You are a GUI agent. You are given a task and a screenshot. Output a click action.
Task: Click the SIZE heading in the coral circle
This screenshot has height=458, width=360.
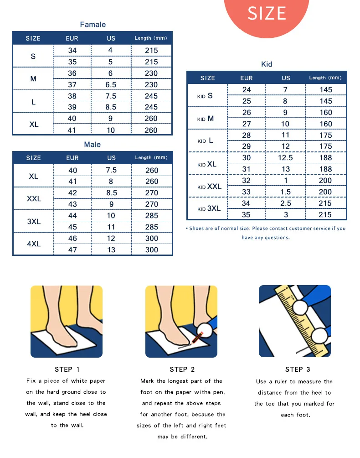[x=267, y=13]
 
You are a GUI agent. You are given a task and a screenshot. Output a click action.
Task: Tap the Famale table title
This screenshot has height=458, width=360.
[x=93, y=25]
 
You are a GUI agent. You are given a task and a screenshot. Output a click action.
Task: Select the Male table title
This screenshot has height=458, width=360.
[x=92, y=145]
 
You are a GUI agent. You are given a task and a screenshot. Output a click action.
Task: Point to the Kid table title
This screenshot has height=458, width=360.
[x=267, y=64]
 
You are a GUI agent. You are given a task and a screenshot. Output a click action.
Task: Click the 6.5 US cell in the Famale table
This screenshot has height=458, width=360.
[x=111, y=84]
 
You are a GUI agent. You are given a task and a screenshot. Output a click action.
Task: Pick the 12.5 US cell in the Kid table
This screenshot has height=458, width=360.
[x=286, y=158]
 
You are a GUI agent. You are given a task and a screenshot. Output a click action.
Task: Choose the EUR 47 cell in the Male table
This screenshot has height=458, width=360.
[x=72, y=250]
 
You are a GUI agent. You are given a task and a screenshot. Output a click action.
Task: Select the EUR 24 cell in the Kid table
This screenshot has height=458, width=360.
[x=247, y=90]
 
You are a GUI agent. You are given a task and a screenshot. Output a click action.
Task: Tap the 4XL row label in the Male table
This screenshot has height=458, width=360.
[x=34, y=244]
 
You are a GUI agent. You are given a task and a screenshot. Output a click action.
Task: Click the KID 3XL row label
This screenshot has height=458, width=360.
[x=209, y=208]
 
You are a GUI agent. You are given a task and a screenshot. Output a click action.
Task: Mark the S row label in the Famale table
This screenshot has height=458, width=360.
[x=33, y=57]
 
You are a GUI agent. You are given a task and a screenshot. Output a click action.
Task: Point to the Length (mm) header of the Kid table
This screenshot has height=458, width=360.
[x=325, y=78]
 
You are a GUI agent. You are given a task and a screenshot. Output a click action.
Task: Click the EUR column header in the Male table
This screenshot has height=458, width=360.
[x=72, y=158]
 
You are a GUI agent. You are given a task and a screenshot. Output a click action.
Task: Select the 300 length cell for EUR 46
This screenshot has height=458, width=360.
[x=152, y=239]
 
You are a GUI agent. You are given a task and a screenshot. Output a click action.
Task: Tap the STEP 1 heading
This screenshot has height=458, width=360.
[x=67, y=370]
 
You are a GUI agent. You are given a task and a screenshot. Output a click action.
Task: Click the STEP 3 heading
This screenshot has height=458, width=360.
[x=298, y=370]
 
